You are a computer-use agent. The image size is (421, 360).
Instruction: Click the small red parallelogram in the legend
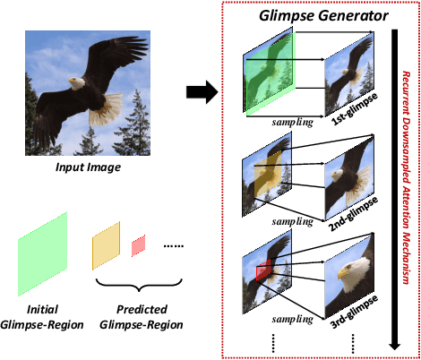(139, 245)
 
